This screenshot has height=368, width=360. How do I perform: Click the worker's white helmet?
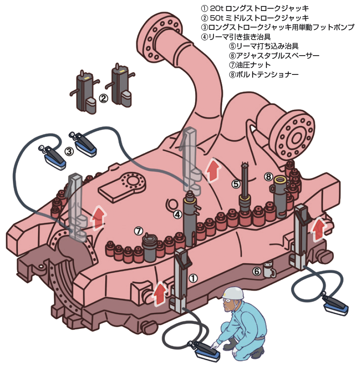point(233,293)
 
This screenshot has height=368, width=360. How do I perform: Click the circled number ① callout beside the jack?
point(193,277)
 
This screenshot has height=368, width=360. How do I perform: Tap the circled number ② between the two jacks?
point(103,98)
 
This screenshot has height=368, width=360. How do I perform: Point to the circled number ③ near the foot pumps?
point(68,151)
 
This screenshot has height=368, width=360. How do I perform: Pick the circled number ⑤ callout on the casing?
point(236,184)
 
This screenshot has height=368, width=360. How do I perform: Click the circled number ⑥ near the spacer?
point(257,271)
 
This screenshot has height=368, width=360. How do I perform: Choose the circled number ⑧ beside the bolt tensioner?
point(269,176)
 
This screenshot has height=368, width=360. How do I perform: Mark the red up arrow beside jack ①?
point(159,293)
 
